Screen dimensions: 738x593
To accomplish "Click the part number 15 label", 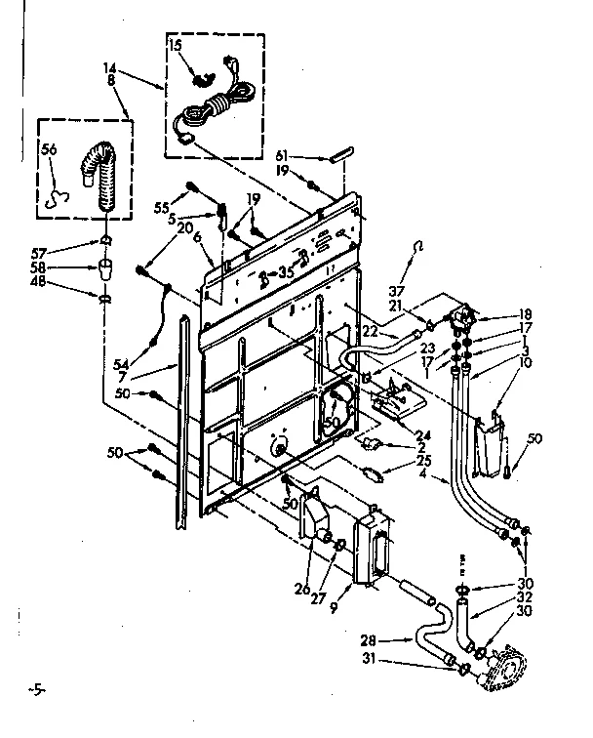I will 176,46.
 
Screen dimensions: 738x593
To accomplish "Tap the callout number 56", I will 51,148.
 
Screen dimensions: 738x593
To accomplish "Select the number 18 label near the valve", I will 499,315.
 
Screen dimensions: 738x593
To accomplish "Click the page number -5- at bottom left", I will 36,692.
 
